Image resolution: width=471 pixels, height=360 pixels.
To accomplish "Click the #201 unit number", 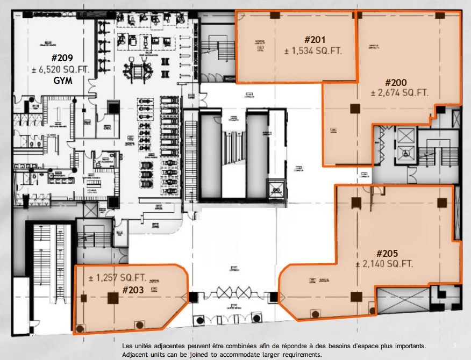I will [x=315, y=40].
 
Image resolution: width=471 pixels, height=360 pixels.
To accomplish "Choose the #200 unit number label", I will [x=396, y=82].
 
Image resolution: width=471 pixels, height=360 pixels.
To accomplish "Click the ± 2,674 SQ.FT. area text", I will [x=399, y=93].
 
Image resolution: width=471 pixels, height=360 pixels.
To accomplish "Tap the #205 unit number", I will [x=386, y=253].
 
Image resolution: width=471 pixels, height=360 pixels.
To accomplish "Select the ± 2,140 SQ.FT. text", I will [x=384, y=264].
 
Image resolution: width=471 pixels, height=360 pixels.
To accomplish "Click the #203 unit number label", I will [x=133, y=290].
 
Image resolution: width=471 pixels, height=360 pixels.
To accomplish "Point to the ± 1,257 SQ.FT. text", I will [x=117, y=278].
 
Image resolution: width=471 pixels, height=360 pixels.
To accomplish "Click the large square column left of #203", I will [x=113, y=298].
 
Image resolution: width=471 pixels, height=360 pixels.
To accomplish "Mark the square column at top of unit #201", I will [x=274, y=15].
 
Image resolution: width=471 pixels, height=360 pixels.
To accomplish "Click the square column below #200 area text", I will [x=354, y=109].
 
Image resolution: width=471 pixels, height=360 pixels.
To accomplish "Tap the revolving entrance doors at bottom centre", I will [x=233, y=293].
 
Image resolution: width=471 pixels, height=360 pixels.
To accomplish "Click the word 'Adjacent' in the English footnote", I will [x=137, y=355].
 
